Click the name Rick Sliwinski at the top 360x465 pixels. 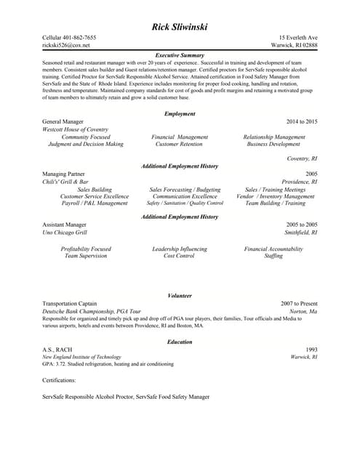click(x=180, y=27)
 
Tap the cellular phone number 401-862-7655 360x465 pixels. click(x=81, y=38)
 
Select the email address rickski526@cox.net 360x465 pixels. click(x=66, y=45)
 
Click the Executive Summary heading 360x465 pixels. click(x=180, y=55)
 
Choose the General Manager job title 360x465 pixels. click(x=63, y=121)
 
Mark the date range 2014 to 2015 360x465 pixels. click(x=302, y=121)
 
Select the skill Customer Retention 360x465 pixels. click(x=179, y=144)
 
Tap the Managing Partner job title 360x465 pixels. click(x=64, y=174)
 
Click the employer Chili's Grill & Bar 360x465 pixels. click(x=65, y=182)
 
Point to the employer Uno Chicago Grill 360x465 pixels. click(x=65, y=232)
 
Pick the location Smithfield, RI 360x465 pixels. click(x=300, y=232)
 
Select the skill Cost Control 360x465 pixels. click(x=179, y=256)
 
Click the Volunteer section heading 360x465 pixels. click(x=180, y=296)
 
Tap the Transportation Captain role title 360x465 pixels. click(x=70, y=304)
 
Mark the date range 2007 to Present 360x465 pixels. click(x=299, y=304)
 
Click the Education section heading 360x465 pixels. click(x=180, y=341)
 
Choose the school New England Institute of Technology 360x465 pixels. click(x=81, y=357)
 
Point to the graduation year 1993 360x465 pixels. click(x=311, y=349)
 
